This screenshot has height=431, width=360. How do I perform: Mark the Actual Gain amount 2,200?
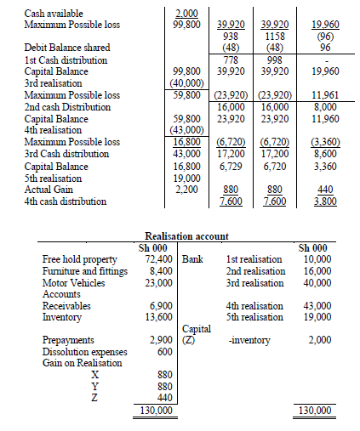click(x=186, y=190)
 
